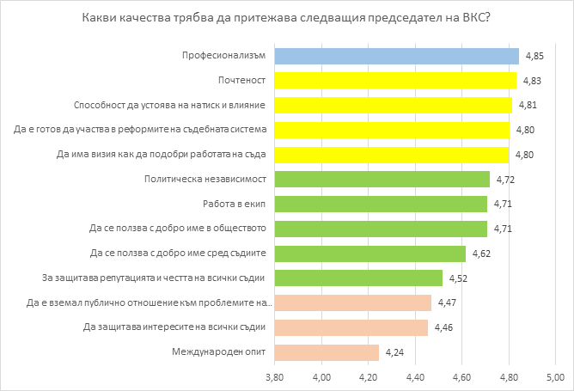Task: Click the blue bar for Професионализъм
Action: click(396, 56)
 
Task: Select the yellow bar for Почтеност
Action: click(395, 81)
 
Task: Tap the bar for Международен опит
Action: click(327, 352)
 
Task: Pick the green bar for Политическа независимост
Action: click(382, 180)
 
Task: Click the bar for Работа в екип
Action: click(381, 205)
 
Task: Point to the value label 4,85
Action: click(535, 56)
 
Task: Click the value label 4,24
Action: click(394, 352)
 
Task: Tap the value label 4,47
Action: click(448, 302)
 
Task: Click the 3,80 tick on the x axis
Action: click(274, 376)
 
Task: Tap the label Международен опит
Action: click(221, 352)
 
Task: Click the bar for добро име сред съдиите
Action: click(369, 254)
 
